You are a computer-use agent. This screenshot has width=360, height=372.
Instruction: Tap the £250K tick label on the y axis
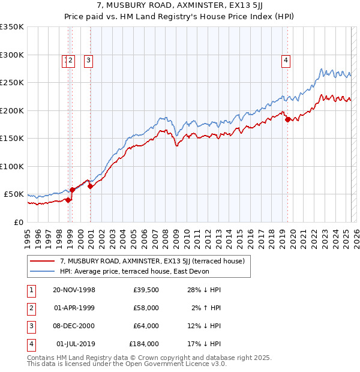click(12, 83)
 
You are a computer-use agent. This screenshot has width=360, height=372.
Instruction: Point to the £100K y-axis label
click(12, 166)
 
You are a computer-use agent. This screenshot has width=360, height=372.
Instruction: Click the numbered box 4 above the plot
click(286, 59)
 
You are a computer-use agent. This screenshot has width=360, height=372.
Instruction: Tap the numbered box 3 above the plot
click(88, 59)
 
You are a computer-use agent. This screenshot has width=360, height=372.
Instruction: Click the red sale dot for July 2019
click(287, 119)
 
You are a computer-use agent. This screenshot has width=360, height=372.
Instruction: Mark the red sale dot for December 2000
click(90, 186)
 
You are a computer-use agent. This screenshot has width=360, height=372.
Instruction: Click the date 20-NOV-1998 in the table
click(74, 290)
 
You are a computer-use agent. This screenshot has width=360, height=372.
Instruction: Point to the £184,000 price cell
click(144, 344)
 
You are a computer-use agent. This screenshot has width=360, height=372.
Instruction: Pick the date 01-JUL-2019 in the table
click(74, 344)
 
